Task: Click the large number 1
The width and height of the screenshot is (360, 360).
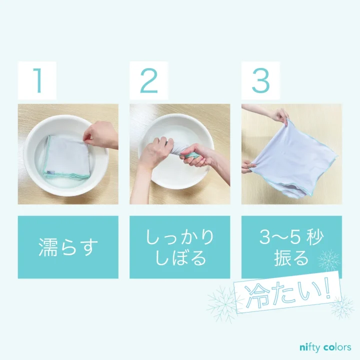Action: click(37, 80)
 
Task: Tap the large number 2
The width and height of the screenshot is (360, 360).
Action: click(148, 80)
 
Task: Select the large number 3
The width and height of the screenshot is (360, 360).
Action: click(260, 80)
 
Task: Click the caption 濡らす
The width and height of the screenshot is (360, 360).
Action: click(68, 247)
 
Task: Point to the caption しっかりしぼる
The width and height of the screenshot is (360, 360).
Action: click(180, 247)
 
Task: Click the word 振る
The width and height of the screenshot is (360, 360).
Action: click(291, 258)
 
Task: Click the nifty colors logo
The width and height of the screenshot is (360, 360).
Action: click(324, 347)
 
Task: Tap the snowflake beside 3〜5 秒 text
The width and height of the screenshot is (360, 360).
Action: click(329, 260)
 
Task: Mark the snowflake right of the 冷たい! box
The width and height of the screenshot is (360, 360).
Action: click(342, 306)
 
